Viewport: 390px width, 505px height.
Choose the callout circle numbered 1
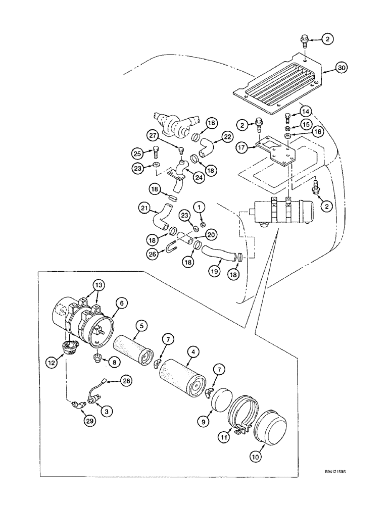(x=200, y=207)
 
